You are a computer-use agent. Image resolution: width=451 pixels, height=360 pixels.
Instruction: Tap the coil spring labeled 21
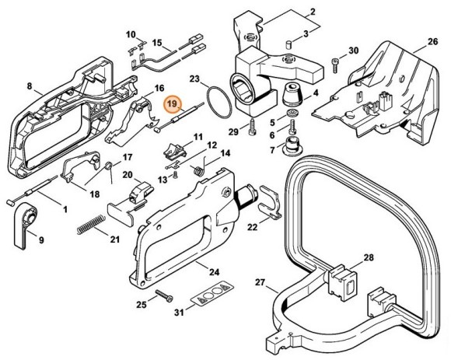[x=91, y=222]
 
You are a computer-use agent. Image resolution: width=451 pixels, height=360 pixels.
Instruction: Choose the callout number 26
[x=432, y=41]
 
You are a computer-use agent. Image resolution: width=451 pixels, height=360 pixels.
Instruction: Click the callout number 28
[x=369, y=257]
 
